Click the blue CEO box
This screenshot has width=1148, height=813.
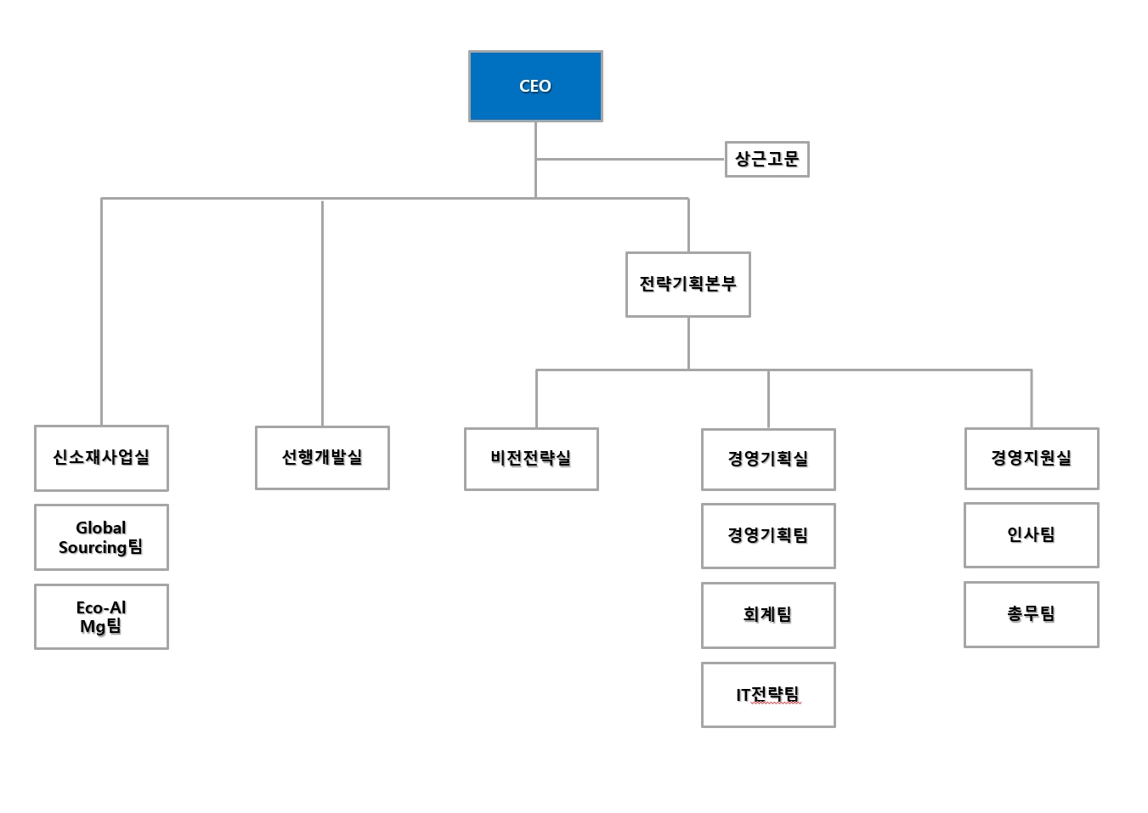coord(535,86)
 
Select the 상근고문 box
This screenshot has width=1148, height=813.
coord(766,159)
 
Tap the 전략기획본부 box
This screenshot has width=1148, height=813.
coord(687,284)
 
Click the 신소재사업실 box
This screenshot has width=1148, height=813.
coord(101,458)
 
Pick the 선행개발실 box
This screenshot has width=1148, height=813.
coord(322,458)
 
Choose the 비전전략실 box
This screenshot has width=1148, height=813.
coord(531,459)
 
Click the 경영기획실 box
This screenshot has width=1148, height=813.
coord(768,459)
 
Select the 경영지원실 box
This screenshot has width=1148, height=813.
coord(1032,458)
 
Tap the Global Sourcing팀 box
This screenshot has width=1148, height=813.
coord(101,537)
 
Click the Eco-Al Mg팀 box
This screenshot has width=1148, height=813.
coord(101,617)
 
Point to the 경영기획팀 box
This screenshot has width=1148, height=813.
coord(768,535)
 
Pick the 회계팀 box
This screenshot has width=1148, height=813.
coord(768,615)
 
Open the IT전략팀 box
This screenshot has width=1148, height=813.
coord(768,695)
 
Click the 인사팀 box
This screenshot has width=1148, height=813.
coord(1032,534)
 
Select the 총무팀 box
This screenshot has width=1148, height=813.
coord(1032,614)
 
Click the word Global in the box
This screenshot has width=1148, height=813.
coord(100,528)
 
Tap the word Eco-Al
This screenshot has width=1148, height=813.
coord(101,607)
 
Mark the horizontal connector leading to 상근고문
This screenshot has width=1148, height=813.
coord(630,159)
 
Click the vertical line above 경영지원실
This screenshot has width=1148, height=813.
coord(1032,398)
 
